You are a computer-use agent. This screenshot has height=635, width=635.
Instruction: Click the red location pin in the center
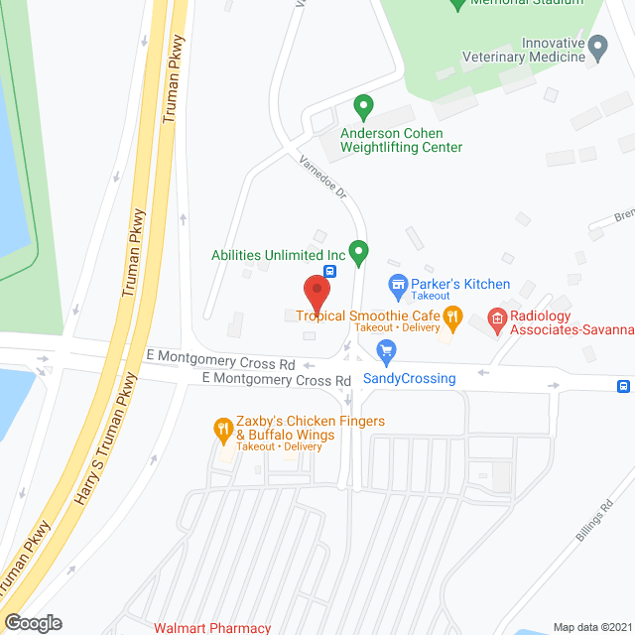(317, 292)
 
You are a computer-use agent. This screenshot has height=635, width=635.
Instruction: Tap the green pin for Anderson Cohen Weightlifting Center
(363, 104)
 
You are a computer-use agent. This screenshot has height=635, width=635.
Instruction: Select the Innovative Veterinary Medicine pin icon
(597, 46)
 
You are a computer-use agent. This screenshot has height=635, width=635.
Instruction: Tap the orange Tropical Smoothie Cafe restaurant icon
(453, 318)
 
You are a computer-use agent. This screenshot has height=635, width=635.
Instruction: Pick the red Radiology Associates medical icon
(497, 319)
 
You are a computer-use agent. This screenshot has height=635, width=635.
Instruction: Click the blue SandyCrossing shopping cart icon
(387, 351)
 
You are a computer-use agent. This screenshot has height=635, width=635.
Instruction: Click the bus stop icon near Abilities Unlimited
(330, 269)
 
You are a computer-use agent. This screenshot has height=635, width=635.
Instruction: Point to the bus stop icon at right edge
(623, 386)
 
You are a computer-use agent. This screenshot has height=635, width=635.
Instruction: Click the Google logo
(32, 622)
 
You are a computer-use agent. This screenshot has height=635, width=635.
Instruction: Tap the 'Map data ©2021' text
(591, 627)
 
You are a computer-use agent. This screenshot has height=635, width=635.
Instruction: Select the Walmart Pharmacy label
(211, 627)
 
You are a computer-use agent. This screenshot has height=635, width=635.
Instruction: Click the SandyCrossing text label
(409, 378)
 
